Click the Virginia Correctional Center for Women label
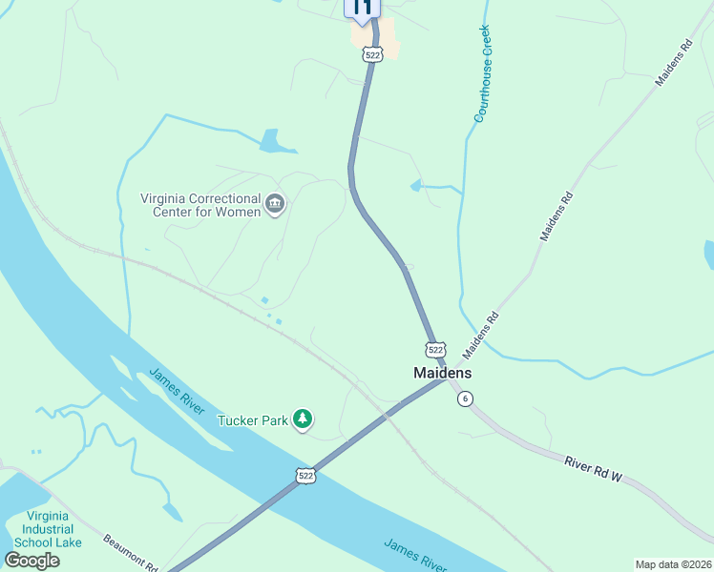point(200,205)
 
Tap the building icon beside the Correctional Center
point(275,204)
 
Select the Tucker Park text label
point(253,419)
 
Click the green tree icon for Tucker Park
point(303,419)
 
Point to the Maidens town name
point(442,373)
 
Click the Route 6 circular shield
point(465,398)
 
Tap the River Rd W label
point(593,469)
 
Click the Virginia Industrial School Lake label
point(54,528)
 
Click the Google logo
point(31,560)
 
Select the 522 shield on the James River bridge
point(305,475)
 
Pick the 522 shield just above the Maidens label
point(435,350)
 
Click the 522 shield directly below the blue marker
point(372,55)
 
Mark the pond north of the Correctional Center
point(276,142)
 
